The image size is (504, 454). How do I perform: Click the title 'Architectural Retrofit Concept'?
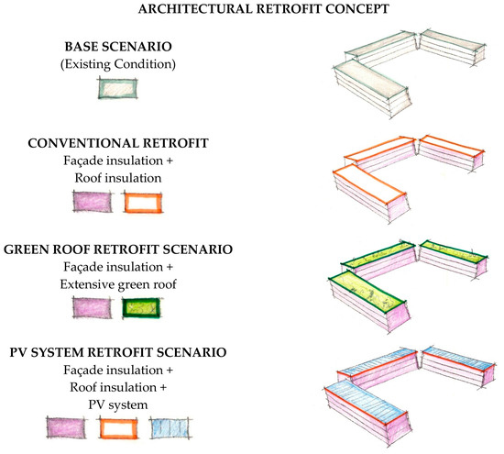click(264, 8)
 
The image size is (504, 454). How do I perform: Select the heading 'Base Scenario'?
click(118, 47)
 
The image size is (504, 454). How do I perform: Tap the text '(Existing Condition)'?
click(118, 64)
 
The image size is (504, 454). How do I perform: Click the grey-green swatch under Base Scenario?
click(118, 88)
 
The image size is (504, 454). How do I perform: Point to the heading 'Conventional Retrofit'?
click(118, 143)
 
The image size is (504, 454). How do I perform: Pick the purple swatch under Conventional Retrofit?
click(93, 202)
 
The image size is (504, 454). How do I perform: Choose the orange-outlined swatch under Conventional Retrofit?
click(143, 203)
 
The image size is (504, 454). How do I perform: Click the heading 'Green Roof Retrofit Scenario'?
click(118, 249)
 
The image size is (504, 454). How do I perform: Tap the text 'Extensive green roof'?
click(118, 284)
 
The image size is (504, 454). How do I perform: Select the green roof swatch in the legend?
click(141, 308)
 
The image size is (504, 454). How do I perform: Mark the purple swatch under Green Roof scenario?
click(93, 307)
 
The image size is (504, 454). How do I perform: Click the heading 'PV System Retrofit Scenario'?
click(118, 352)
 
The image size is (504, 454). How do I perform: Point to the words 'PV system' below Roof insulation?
click(118, 404)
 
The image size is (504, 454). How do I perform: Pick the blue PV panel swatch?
click(170, 428)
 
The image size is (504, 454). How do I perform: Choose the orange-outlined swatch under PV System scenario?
click(119, 428)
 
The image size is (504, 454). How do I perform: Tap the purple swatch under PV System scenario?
click(67, 427)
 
